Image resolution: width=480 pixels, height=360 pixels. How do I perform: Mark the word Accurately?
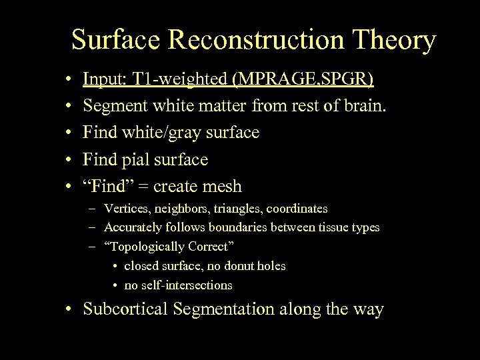(133, 227)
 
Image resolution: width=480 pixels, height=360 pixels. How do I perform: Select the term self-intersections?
(189, 285)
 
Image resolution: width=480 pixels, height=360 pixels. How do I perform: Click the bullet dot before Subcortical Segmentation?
(69, 309)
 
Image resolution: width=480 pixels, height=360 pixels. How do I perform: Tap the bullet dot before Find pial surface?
(69, 160)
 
